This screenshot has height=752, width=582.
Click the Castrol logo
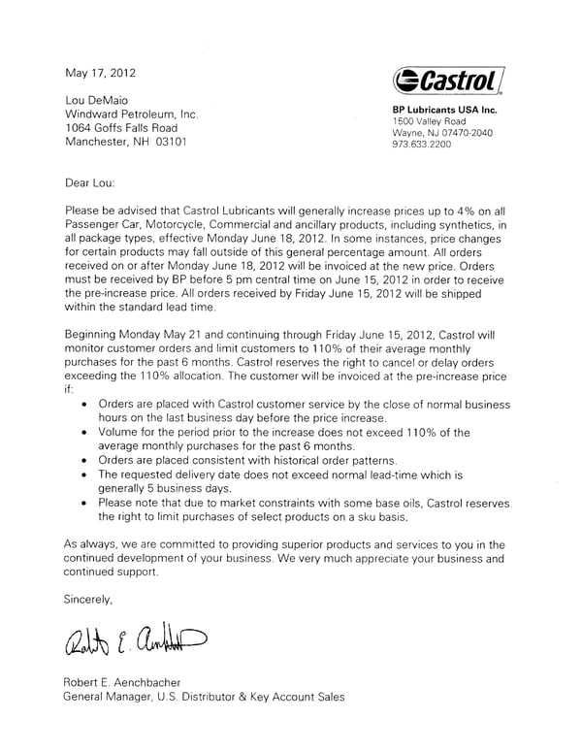click(x=448, y=81)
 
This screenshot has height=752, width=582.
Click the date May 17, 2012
click(x=101, y=73)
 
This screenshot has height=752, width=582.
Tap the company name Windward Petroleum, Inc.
click(x=131, y=114)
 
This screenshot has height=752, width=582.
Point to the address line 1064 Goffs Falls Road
click(x=121, y=127)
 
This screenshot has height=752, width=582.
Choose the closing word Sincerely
click(x=89, y=600)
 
